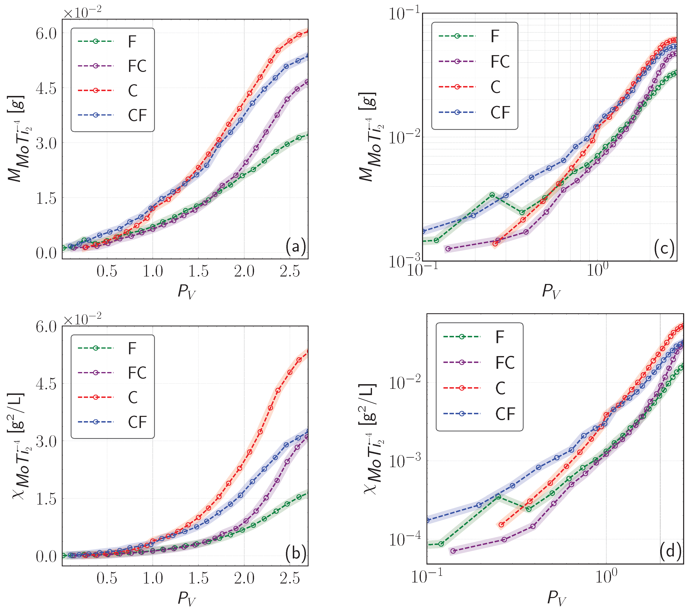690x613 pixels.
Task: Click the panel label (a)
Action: pos(295,247)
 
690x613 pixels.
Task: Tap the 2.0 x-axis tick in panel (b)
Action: pos(244,578)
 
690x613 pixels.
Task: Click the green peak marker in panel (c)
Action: pos(492,195)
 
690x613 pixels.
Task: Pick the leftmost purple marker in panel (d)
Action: pos(453,551)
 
